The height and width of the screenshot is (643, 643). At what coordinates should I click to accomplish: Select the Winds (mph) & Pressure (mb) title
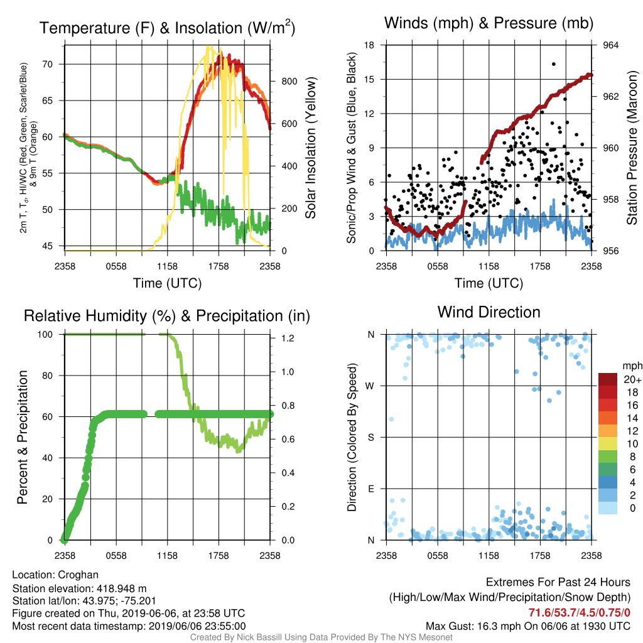489,23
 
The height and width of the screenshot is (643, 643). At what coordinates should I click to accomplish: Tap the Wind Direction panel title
489,312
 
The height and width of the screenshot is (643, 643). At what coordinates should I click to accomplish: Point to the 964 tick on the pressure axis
610,45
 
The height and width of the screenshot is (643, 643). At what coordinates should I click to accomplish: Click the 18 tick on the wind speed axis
369,45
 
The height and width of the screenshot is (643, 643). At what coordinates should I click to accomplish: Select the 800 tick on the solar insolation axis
289,81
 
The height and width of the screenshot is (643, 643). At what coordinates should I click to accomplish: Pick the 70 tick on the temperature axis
48,64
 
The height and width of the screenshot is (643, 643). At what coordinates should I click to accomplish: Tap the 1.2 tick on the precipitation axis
288,338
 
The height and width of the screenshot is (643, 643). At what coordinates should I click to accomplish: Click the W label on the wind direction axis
370,386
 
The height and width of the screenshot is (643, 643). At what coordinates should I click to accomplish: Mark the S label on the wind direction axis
370,438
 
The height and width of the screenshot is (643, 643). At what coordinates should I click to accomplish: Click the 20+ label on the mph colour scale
632,379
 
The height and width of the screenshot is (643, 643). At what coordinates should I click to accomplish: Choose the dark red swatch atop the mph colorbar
608,379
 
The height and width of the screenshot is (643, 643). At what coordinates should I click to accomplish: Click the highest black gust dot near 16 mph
554,64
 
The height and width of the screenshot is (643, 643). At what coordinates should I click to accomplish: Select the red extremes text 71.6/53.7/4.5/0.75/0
579,613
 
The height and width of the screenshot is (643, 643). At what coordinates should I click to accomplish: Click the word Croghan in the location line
78,575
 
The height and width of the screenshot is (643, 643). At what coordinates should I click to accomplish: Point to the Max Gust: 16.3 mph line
527,626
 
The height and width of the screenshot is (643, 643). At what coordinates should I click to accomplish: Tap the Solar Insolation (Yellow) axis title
310,148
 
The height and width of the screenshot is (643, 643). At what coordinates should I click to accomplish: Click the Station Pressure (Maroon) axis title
632,148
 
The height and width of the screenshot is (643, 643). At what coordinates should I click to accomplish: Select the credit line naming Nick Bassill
321,637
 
